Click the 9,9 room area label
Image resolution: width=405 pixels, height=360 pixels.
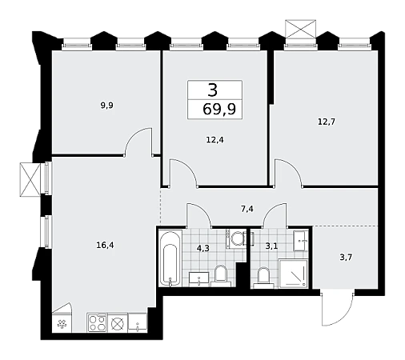106,106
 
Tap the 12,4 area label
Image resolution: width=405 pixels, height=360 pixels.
215,140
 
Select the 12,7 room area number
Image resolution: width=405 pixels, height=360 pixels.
327,122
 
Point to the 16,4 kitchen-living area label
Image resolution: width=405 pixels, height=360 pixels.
105,245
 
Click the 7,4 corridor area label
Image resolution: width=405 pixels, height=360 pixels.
247,209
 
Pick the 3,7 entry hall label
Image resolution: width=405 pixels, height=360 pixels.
346,258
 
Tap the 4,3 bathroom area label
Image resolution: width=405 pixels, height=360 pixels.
203,248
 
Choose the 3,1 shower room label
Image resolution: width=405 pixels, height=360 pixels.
271,246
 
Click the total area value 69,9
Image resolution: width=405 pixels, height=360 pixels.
219,109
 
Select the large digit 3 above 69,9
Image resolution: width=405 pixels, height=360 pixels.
213,90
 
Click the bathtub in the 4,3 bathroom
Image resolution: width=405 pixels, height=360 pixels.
170,258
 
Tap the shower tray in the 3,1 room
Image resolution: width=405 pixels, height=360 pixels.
293,273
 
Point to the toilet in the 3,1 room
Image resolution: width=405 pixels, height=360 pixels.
263,278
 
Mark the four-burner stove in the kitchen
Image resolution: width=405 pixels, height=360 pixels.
97,322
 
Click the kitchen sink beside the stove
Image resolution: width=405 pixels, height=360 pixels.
138,322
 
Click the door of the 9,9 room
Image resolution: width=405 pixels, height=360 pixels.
138,142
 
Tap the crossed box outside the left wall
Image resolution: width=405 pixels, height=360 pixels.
30,179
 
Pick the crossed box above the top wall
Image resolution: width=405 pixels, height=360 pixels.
300,29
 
